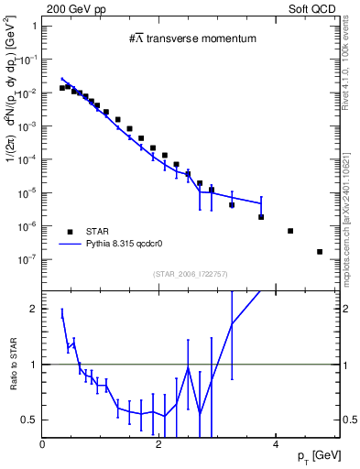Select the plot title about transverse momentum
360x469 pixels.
tap(191, 38)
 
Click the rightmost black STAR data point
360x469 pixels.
tap(320, 252)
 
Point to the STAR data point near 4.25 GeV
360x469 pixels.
tap(290, 231)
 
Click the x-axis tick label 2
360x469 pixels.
tap(159, 443)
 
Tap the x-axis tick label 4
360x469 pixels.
tap(276, 443)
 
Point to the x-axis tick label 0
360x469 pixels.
tap(43, 443)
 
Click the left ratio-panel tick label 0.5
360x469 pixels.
tap(29, 420)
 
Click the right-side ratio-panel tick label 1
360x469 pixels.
tap(347, 365)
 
